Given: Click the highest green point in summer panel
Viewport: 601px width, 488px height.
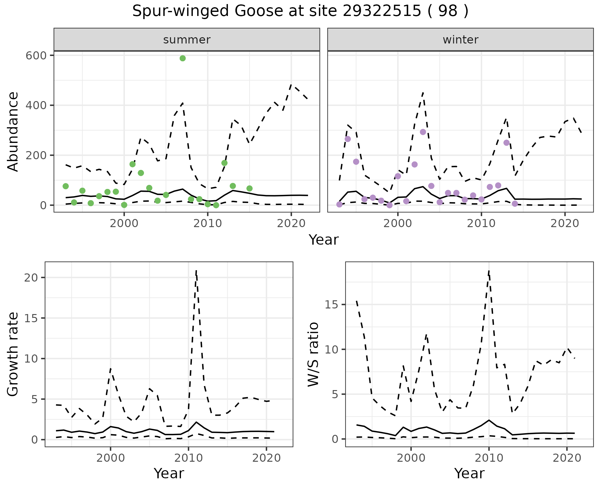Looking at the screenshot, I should pyautogui.click(x=183, y=58).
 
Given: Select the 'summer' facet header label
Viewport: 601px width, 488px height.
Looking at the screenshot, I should pyautogui.click(x=187, y=40).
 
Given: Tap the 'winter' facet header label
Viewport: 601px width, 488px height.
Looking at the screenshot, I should pyautogui.click(x=460, y=40).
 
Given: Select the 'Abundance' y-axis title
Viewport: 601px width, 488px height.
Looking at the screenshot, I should pyautogui.click(x=13, y=131).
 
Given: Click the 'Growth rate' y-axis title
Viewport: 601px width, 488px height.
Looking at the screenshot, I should pyautogui.click(x=13, y=354).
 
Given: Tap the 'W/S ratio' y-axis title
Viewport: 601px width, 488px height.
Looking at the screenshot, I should pyautogui.click(x=313, y=354).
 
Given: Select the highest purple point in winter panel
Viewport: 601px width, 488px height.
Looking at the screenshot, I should pyautogui.click(x=423, y=132).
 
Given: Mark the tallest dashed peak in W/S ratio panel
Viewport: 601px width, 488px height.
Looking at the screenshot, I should pyautogui.click(x=489, y=271).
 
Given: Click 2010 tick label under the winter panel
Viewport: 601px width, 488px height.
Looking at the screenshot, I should pyautogui.click(x=481, y=224).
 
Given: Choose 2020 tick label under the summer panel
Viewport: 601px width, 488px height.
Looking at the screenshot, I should pyautogui.click(x=291, y=224).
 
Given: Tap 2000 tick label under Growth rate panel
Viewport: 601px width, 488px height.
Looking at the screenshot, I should pyautogui.click(x=110, y=458).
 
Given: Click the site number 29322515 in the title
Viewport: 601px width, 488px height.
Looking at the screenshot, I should pyautogui.click(x=382, y=11).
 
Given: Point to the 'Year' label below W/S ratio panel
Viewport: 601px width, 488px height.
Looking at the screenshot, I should pyautogui.click(x=469, y=473).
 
